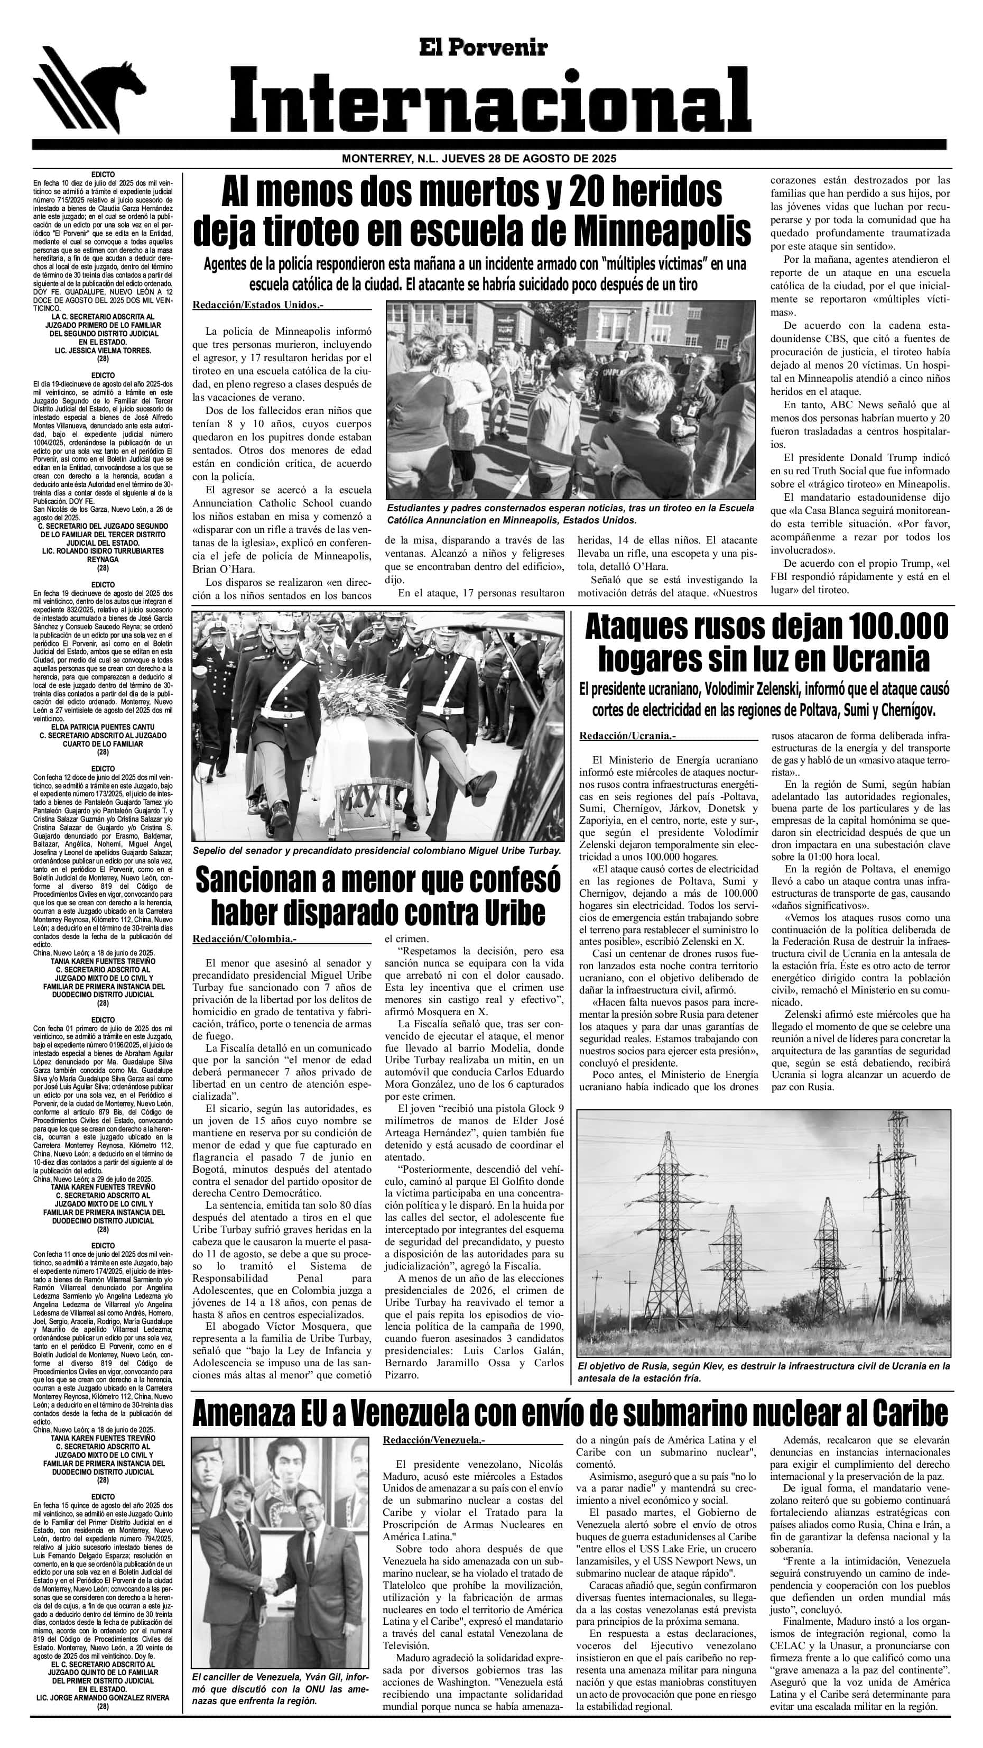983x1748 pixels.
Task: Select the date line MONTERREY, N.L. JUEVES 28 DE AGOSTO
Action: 479,159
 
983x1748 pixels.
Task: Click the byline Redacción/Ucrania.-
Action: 627,736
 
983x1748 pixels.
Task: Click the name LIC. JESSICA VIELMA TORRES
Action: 103,351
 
